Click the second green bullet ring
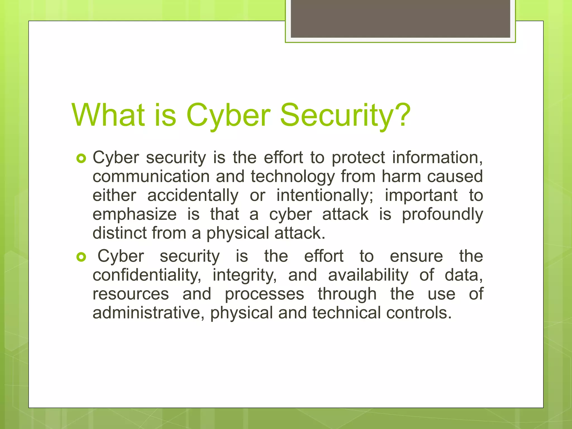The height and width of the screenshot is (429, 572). [x=81, y=257]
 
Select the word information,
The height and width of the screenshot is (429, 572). [x=437, y=158]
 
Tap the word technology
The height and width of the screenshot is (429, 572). [x=293, y=177]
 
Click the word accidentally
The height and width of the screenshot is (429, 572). [x=193, y=196]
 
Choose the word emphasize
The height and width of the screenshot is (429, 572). [x=134, y=214]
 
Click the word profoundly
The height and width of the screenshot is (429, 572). [x=442, y=214]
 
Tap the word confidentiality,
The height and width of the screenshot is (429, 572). [x=147, y=275]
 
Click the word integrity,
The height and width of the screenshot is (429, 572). [x=245, y=275]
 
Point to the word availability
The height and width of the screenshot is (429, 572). [x=368, y=275]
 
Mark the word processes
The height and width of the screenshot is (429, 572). [x=264, y=294]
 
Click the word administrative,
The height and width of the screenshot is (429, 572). [x=151, y=313]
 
